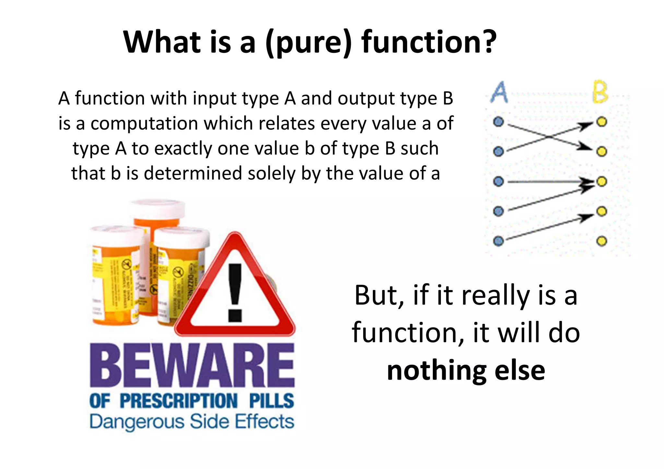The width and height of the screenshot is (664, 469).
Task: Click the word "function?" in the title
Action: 429,42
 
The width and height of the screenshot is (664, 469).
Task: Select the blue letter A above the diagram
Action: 499,92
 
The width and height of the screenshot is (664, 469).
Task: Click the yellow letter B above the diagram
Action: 600,92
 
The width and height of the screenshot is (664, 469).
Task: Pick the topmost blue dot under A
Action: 498,122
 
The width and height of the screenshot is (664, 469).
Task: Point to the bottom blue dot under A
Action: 498,241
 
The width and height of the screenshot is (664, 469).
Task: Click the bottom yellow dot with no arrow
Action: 602,241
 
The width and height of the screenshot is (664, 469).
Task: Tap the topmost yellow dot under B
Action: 602,122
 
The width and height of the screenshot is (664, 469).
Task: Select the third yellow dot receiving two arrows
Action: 602,182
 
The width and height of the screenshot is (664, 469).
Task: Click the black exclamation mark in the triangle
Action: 235,292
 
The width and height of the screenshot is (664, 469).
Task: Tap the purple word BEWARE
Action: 192,366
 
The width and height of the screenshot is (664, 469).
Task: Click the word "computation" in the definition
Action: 144,124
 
